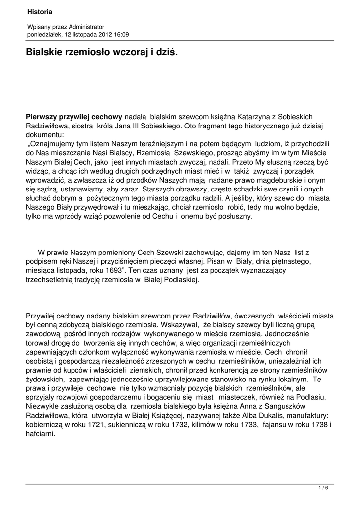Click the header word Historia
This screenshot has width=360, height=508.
point(40,11)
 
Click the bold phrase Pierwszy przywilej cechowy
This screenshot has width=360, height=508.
point(74,117)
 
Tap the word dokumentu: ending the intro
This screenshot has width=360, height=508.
point(45,134)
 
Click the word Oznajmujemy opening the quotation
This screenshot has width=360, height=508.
point(53,144)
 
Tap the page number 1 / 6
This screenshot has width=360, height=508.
point(323,488)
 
